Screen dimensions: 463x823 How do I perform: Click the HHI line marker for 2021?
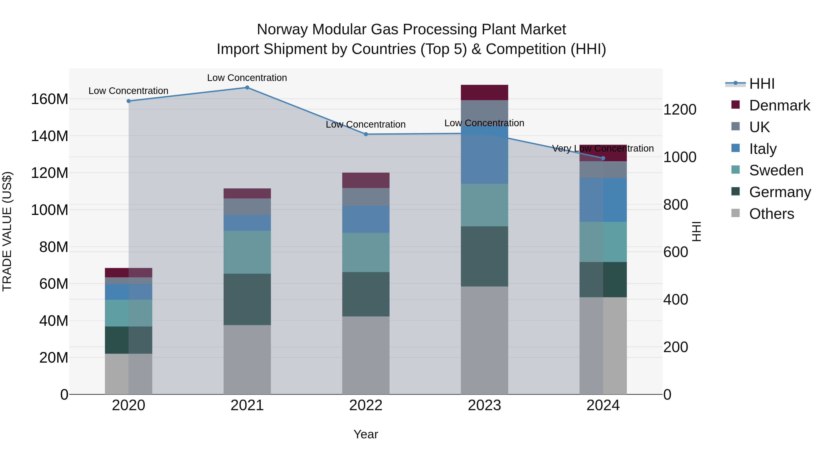(247, 88)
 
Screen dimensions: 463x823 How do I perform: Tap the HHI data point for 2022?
(366, 134)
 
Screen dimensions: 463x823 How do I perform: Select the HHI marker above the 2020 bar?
(128, 101)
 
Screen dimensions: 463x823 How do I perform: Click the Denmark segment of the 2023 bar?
(484, 93)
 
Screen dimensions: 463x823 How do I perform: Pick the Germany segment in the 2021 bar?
(247, 299)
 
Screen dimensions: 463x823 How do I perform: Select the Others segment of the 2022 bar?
(366, 355)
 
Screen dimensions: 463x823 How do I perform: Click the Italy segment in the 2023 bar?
(484, 155)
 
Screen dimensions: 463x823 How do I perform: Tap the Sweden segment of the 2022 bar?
(366, 252)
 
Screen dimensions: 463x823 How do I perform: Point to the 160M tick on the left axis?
(50, 99)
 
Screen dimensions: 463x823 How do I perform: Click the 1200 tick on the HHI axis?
(680, 110)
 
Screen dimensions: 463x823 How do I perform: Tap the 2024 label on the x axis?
(603, 405)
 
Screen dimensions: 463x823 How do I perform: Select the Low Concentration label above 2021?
(247, 78)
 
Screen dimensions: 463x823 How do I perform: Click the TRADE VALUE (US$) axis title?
(7, 231)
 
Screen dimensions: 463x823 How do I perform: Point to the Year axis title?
(366, 434)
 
